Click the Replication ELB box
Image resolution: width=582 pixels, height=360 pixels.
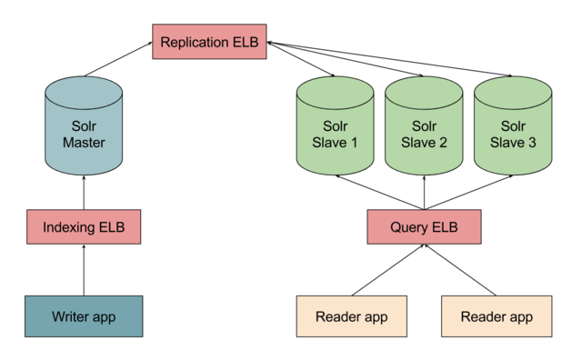click(209, 43)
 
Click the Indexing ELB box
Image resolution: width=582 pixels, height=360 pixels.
click(84, 226)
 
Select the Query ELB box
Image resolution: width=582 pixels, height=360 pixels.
click(424, 226)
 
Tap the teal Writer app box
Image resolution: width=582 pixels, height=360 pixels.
click(84, 316)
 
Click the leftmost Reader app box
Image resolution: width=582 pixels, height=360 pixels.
click(351, 316)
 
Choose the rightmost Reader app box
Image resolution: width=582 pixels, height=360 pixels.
click(497, 316)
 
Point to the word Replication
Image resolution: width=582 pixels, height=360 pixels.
click(196, 43)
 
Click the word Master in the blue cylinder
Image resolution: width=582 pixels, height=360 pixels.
click(84, 143)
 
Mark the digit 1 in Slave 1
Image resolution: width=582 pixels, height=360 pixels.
click(354, 143)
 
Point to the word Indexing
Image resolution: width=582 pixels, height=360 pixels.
click(70, 226)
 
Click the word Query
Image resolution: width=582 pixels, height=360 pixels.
click(409, 226)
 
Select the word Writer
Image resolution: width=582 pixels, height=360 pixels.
click(70, 316)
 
